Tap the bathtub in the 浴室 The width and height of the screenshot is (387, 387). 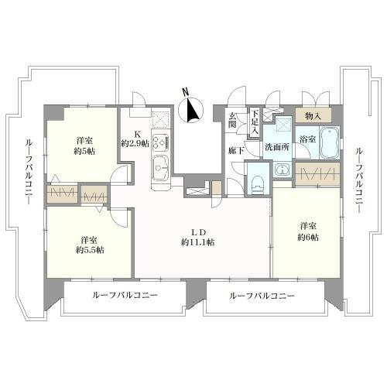[330, 142]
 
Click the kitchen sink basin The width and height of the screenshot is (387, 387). [161, 169]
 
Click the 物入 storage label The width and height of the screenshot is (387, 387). [313, 116]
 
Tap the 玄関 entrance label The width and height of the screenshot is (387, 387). [232, 121]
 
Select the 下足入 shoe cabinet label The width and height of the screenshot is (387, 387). [255, 122]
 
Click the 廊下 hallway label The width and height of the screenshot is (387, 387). [236, 151]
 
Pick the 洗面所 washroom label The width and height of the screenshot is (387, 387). [277, 147]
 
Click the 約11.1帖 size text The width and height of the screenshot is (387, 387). [198, 242]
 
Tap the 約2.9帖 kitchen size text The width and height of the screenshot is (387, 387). [135, 143]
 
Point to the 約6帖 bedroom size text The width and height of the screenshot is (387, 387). [308, 237]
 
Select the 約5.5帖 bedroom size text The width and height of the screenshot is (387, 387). [90, 250]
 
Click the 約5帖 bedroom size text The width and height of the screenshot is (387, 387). [84, 151]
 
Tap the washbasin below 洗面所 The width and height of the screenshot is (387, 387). [283, 170]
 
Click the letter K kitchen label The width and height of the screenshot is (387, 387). [137, 134]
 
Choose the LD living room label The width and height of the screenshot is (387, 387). [198, 232]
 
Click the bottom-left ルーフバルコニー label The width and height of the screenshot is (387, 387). [125, 295]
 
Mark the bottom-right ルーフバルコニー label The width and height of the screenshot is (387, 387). [262, 296]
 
